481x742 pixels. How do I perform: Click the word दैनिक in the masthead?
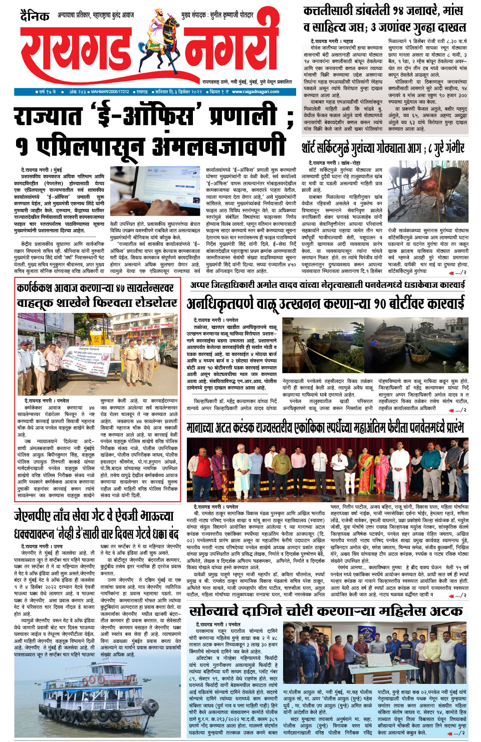tap(35, 16)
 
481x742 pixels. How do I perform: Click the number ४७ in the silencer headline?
tap(121, 288)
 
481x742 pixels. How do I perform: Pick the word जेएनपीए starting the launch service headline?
tap(32, 516)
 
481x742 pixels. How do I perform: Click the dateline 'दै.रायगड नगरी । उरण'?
tap(42, 546)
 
